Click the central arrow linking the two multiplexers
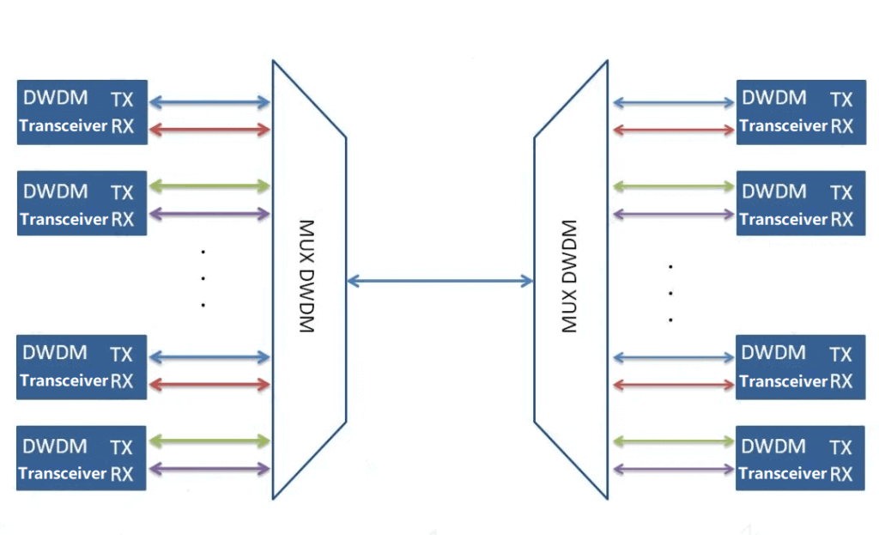click(439, 280)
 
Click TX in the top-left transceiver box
click(122, 99)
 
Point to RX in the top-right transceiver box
click(841, 126)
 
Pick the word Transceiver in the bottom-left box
click(63, 473)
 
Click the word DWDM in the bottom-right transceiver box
click(773, 447)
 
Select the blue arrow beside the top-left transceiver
click(209, 102)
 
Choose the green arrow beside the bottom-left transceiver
click(209, 441)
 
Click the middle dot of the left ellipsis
click(203, 278)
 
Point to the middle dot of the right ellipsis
click(670, 293)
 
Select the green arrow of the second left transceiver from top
click(209, 185)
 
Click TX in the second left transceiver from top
click(122, 192)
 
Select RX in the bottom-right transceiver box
click(841, 473)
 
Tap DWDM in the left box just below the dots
click(55, 353)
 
